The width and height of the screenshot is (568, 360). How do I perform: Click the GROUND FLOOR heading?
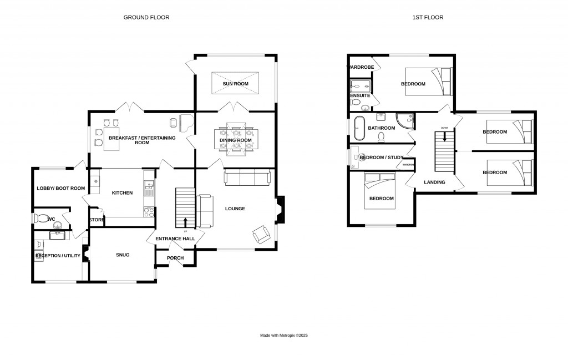pyautogui.click(x=146, y=17)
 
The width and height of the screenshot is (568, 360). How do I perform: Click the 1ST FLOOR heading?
pyautogui.click(x=428, y=17)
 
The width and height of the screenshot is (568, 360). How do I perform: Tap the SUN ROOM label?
pyautogui.click(x=235, y=84)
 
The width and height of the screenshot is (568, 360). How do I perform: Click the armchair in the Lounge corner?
pyautogui.click(x=261, y=236)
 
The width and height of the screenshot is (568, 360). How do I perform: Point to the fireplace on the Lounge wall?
pyautogui.click(x=280, y=209)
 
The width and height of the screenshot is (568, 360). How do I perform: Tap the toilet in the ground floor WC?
pyautogui.click(x=41, y=219)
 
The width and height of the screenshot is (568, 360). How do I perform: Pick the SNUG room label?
pyautogui.click(x=123, y=255)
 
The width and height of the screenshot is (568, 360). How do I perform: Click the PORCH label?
pyautogui.click(x=175, y=258)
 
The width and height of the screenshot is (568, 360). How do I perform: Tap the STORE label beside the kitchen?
pyautogui.click(x=97, y=220)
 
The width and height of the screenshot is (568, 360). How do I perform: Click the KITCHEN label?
pyautogui.click(x=122, y=192)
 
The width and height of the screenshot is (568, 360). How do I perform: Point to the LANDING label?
pyautogui.click(x=434, y=182)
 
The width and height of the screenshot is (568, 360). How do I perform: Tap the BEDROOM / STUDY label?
pyautogui.click(x=381, y=158)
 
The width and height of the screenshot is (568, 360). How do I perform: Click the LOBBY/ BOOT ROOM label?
pyautogui.click(x=60, y=188)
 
